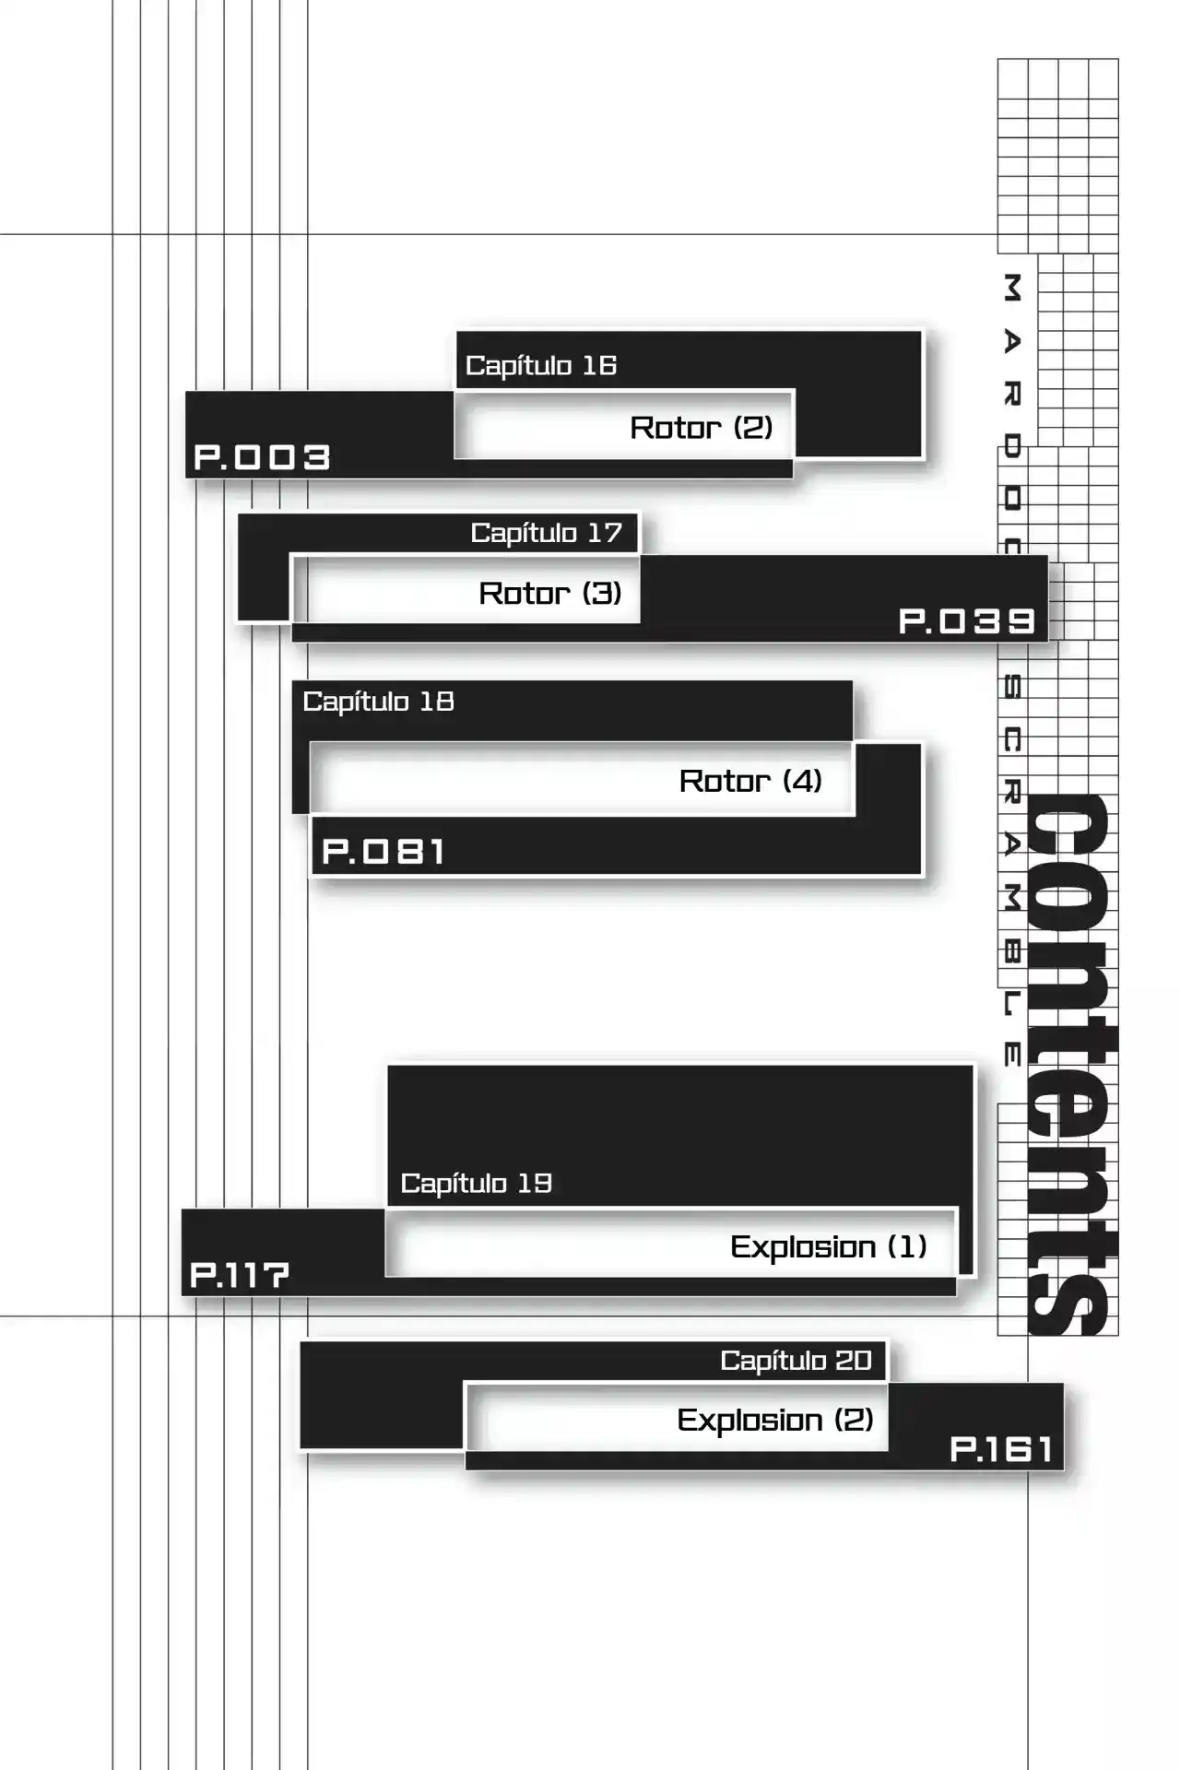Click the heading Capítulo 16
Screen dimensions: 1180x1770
pos(541,366)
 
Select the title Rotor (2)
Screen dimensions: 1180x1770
pos(702,427)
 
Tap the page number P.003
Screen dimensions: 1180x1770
pos(262,457)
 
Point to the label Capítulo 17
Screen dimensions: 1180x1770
pos(547,533)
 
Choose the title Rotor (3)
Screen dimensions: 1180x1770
pos(550,593)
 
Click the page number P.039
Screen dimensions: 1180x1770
pos(967,621)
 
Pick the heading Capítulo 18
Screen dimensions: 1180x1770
pos(378,702)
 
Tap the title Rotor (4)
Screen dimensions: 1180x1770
pos(750,781)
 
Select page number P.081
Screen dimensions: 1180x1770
pos(383,851)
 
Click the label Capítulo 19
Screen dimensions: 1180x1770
pos(477,1183)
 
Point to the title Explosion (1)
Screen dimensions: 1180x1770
pos(829,1246)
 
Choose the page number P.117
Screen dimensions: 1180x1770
pos(240,1275)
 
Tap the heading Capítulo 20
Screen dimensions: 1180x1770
pos(796,1360)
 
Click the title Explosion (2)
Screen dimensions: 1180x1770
pos(775,1420)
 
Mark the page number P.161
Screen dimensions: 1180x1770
pos(1001,1449)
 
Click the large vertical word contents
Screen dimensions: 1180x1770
pos(1071,1064)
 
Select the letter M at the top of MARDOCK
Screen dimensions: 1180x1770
pos(1011,288)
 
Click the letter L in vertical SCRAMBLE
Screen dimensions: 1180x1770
pos(1011,1004)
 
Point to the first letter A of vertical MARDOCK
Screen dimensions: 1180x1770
pos(1011,342)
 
